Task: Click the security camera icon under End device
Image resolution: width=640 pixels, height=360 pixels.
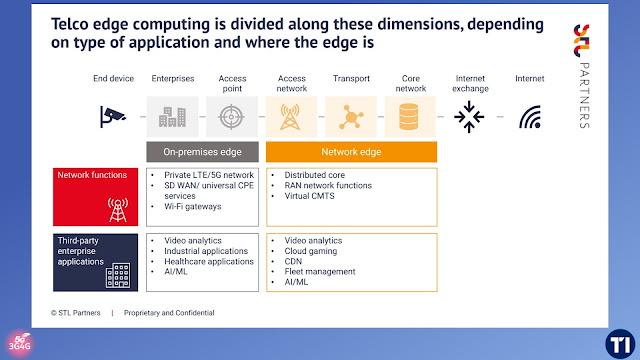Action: coord(113,117)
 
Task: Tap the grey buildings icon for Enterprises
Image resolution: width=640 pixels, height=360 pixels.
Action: coord(172,117)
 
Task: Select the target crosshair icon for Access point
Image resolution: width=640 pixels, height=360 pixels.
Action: coord(231,117)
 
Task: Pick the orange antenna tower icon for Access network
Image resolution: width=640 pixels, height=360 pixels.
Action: coord(290,117)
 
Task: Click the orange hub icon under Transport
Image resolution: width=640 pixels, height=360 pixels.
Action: coord(351,118)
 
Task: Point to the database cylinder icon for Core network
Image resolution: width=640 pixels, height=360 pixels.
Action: coord(409,117)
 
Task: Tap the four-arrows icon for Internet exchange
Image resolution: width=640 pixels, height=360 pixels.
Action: coord(469,117)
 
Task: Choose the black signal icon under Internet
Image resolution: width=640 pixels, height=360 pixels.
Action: coord(530,117)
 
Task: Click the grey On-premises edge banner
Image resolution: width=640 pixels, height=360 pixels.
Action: coord(202,152)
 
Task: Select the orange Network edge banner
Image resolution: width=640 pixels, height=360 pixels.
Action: coord(351,152)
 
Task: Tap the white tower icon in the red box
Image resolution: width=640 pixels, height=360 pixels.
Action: coord(118,210)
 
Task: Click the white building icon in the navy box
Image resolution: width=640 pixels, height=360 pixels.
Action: coord(118,276)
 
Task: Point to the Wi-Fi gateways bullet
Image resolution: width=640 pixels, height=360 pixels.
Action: coord(193,207)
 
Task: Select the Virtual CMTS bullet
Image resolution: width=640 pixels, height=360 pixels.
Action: coord(309,196)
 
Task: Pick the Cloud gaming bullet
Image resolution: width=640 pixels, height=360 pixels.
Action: coord(311,251)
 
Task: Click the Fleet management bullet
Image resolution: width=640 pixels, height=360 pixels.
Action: coord(320,272)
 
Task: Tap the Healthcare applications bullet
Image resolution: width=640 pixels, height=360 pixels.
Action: coord(209,262)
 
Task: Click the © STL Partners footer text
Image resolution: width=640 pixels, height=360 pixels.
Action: coord(76,313)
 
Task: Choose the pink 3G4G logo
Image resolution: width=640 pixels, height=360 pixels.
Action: coord(20,344)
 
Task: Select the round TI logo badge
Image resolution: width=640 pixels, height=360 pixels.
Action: coord(620,344)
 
